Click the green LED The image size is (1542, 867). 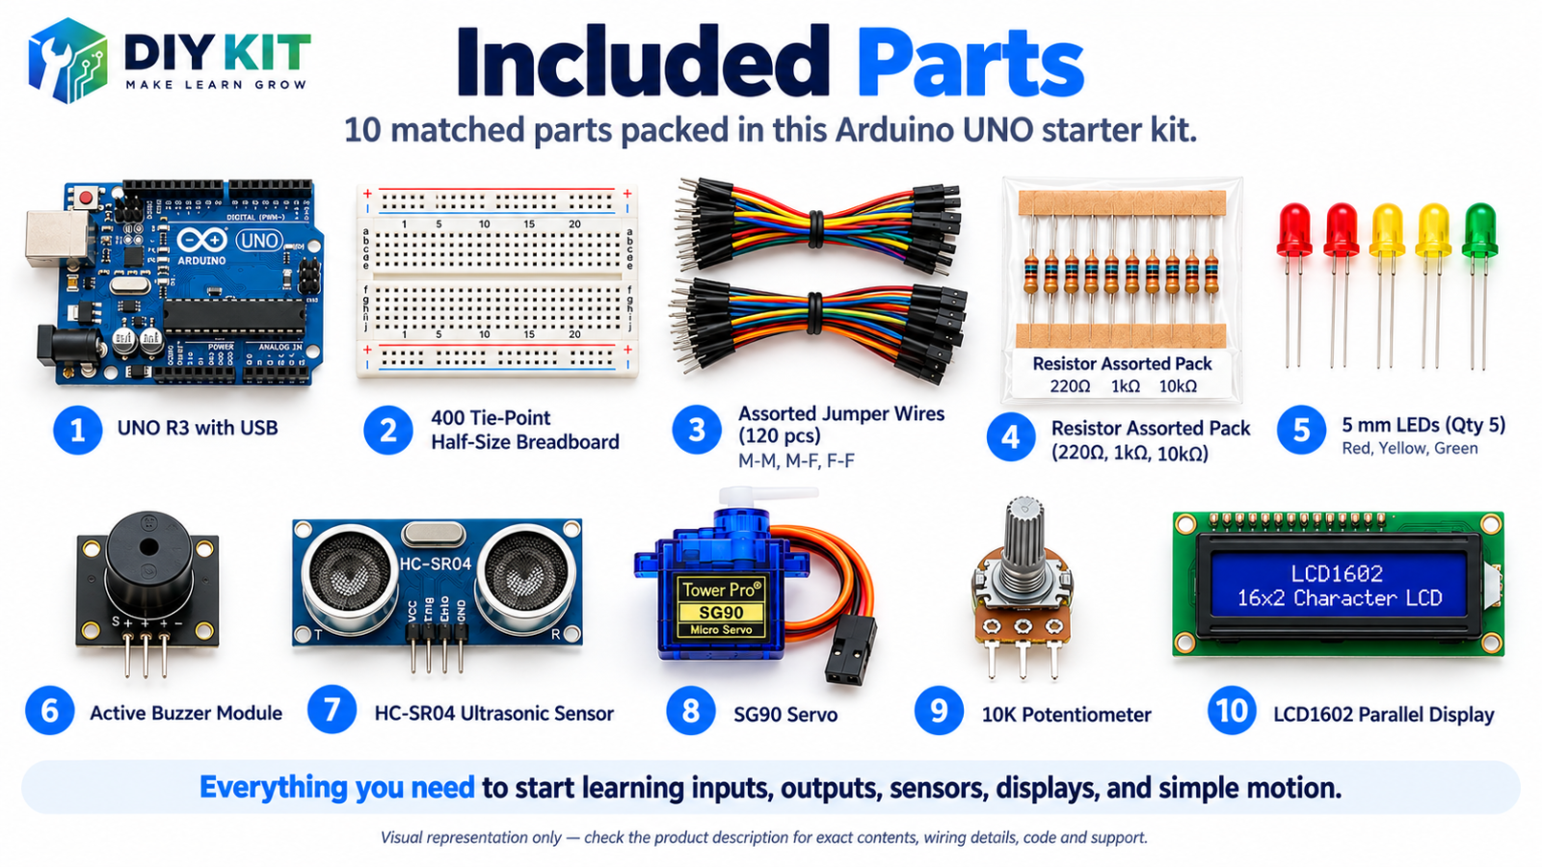coord(1478,231)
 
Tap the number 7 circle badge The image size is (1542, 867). coord(332,710)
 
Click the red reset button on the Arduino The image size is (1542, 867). coord(86,198)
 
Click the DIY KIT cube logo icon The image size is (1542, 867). coord(67,61)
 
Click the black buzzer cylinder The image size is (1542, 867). coord(148,562)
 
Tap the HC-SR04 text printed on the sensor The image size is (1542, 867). coord(436,565)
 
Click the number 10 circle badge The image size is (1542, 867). coord(1232,710)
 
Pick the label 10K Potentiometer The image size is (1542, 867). coord(1066,715)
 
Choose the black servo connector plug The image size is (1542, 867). coord(851,649)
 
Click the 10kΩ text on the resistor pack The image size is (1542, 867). coord(1178,386)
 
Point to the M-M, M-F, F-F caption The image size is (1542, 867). coord(796,460)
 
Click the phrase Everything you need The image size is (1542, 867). coord(336,787)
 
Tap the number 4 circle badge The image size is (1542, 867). coord(1011,437)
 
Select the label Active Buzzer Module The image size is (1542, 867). coord(186,713)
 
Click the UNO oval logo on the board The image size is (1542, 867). coord(259,240)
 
